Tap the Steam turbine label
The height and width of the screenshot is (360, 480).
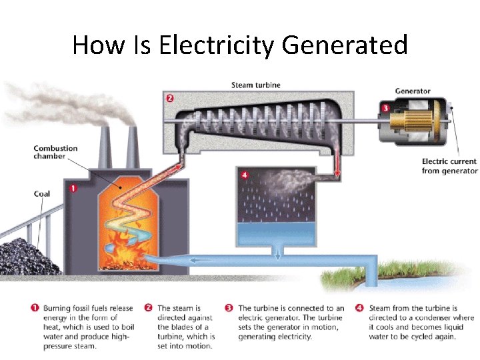255,85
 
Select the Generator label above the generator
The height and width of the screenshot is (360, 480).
413,91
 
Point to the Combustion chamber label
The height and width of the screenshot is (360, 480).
55,152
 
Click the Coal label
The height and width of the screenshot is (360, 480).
42,194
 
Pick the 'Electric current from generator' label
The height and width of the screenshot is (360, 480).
449,166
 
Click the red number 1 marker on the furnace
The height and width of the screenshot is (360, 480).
73,188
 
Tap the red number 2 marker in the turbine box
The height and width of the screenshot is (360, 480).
169,99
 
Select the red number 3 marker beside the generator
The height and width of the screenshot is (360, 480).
385,108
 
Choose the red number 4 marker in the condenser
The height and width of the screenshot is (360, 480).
245,175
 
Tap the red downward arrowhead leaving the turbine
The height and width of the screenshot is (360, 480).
337,175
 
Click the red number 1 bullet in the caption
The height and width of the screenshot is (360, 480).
34,308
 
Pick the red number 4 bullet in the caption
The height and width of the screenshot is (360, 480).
359,308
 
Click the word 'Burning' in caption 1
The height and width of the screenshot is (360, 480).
59,309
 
